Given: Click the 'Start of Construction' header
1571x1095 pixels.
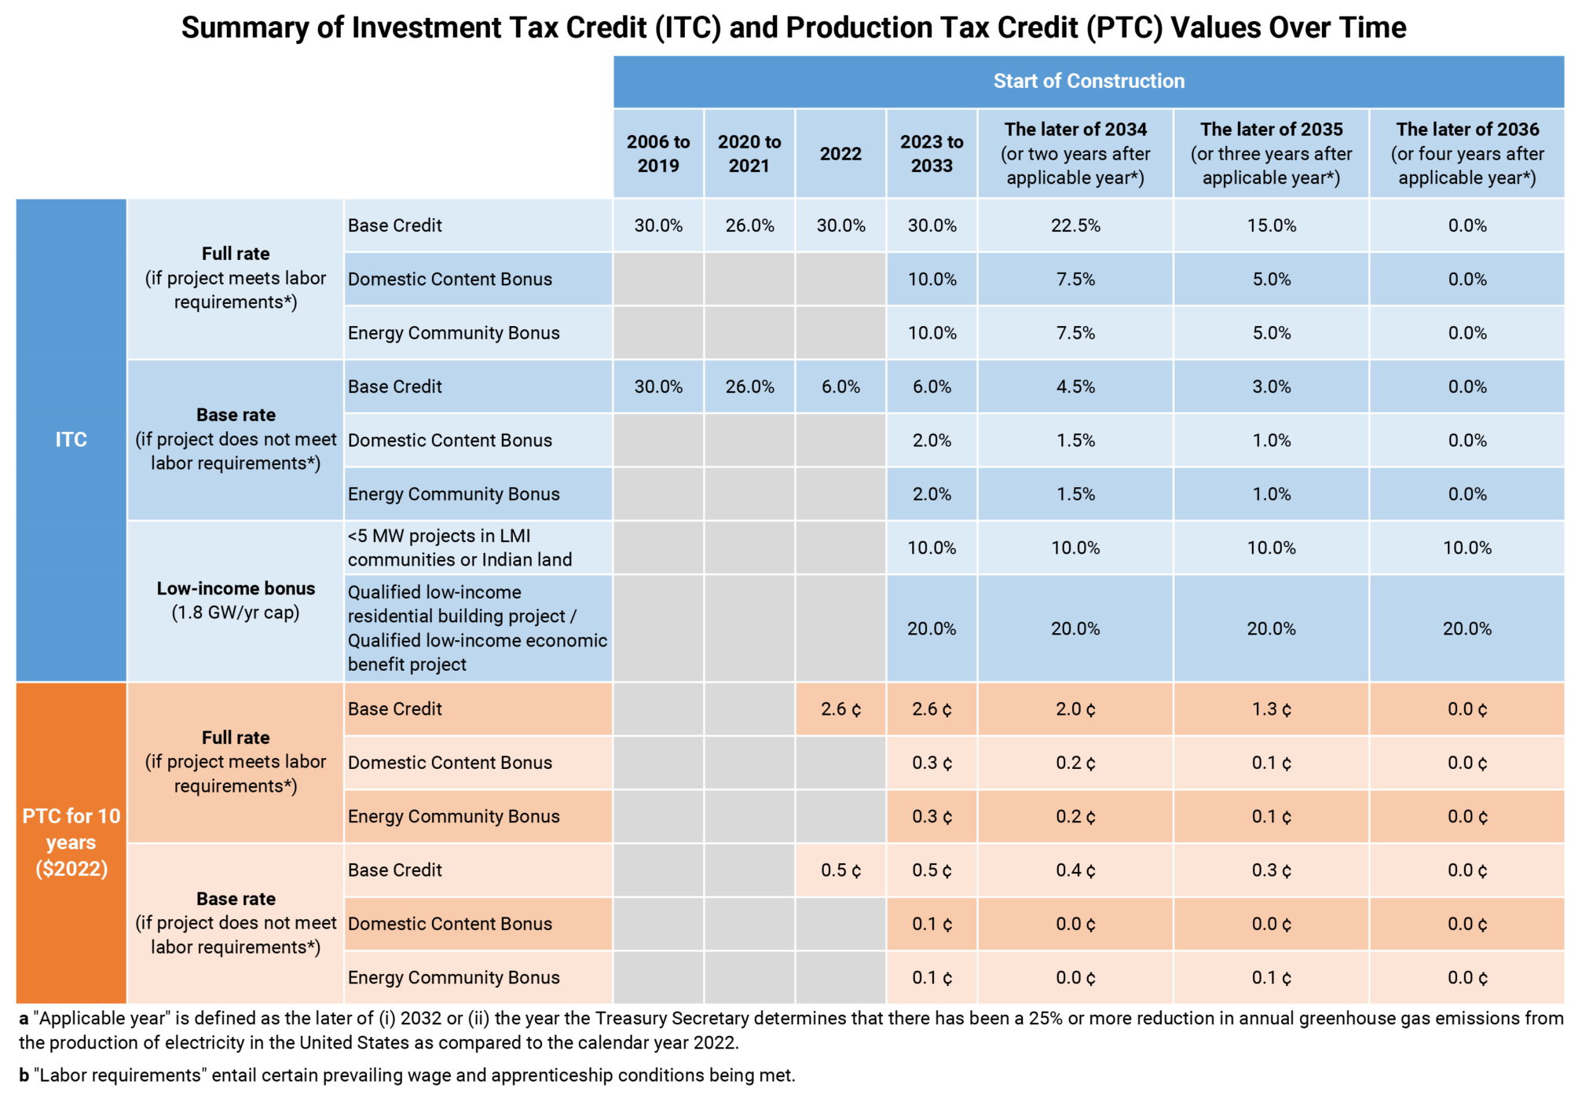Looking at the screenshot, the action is click(1089, 81).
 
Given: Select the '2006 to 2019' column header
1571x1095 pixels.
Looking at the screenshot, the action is click(658, 153).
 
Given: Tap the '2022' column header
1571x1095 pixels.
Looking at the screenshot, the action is click(840, 153).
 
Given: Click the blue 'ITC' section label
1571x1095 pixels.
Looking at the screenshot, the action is click(71, 439).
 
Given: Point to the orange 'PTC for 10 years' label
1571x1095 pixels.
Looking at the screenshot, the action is click(71, 842).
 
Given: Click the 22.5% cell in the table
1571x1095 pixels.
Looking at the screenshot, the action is click(1075, 225).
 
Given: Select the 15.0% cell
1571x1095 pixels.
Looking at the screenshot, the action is click(1271, 225).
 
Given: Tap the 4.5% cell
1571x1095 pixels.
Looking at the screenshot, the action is click(1075, 386).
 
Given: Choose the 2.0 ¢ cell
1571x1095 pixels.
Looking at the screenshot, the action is click(1075, 709).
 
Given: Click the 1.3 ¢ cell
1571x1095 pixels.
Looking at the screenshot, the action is click(1271, 709).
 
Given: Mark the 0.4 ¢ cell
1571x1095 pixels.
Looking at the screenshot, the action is click(1075, 870).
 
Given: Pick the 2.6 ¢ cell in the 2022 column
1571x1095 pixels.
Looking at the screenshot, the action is click(840, 709).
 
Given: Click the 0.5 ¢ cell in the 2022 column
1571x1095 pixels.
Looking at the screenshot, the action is click(840, 870).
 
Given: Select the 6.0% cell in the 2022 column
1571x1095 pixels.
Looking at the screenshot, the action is click(840, 386).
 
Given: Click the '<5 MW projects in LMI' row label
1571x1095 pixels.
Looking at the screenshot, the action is click(439, 536).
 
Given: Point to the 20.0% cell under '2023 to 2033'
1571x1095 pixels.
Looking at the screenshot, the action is click(932, 628).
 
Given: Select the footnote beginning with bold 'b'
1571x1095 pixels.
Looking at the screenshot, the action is click(407, 1075).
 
